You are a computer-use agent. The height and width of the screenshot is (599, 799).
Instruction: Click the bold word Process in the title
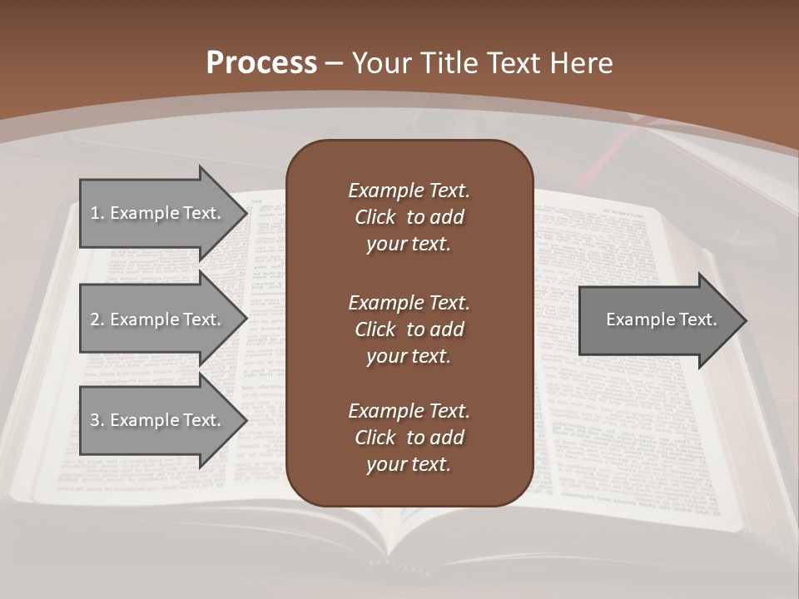(261, 63)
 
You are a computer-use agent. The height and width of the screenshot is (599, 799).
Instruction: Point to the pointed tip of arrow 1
(246, 213)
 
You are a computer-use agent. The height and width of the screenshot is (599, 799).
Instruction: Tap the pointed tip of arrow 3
(246, 420)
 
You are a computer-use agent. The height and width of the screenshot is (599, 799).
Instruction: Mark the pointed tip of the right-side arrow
(745, 320)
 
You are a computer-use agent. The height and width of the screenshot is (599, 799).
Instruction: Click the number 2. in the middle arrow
(97, 319)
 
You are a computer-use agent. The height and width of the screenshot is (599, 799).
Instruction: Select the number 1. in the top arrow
(97, 213)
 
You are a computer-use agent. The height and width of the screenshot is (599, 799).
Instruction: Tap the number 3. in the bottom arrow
(97, 420)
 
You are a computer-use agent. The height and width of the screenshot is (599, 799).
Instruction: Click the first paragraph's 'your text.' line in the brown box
(409, 245)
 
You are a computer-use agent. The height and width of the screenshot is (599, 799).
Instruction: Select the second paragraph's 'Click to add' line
(409, 329)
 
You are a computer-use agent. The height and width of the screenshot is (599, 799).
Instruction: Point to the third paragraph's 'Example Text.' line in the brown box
(409, 411)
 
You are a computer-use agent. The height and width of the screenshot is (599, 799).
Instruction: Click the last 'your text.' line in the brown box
(409, 465)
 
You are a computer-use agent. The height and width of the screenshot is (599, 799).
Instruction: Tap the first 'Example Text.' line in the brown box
(409, 191)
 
